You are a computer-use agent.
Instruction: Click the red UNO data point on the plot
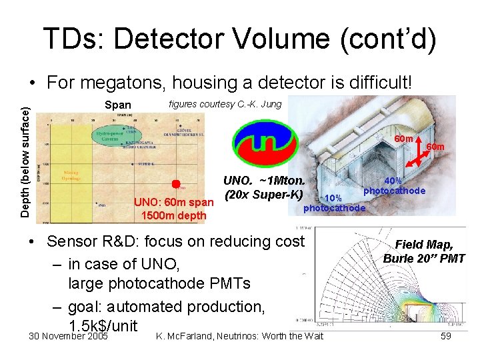[176, 184]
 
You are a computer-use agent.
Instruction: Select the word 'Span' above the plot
[118, 105]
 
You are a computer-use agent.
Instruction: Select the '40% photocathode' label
[394, 185]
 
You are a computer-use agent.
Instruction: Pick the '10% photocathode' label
[334, 203]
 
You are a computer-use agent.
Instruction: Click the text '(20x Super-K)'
[264, 195]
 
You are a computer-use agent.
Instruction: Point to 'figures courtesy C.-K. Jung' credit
[225, 103]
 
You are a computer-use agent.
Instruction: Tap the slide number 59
[446, 336]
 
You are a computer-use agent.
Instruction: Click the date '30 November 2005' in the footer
[69, 336]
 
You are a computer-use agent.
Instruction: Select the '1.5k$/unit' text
[103, 326]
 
